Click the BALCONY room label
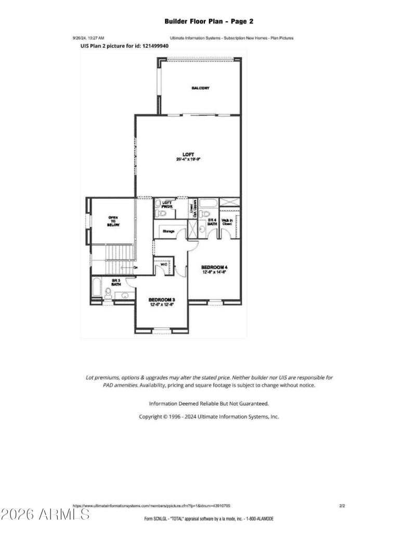pyautogui.click(x=200, y=88)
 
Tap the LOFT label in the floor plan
pyautogui.click(x=188, y=154)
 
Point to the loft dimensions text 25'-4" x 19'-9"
pyautogui.click(x=188, y=159)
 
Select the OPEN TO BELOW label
pyautogui.click(x=113, y=221)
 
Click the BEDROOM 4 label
pyautogui.click(x=214, y=267)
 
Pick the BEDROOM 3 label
pyautogui.click(x=161, y=300)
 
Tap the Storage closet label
pyautogui.click(x=168, y=231)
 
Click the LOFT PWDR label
pyautogui.click(x=167, y=204)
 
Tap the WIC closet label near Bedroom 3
pyautogui.click(x=163, y=264)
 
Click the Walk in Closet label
pyautogui.click(x=227, y=222)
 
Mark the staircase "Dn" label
pyautogui.click(x=135, y=267)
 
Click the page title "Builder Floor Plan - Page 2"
pyautogui.click(x=209, y=21)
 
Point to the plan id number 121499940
pyautogui.click(x=151, y=46)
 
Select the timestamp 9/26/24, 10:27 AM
pyautogui.click(x=88, y=38)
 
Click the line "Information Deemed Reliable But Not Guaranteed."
pyautogui.click(x=209, y=403)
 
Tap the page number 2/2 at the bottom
pyautogui.click(x=342, y=505)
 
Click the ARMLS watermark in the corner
pyautogui.click(x=45, y=515)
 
